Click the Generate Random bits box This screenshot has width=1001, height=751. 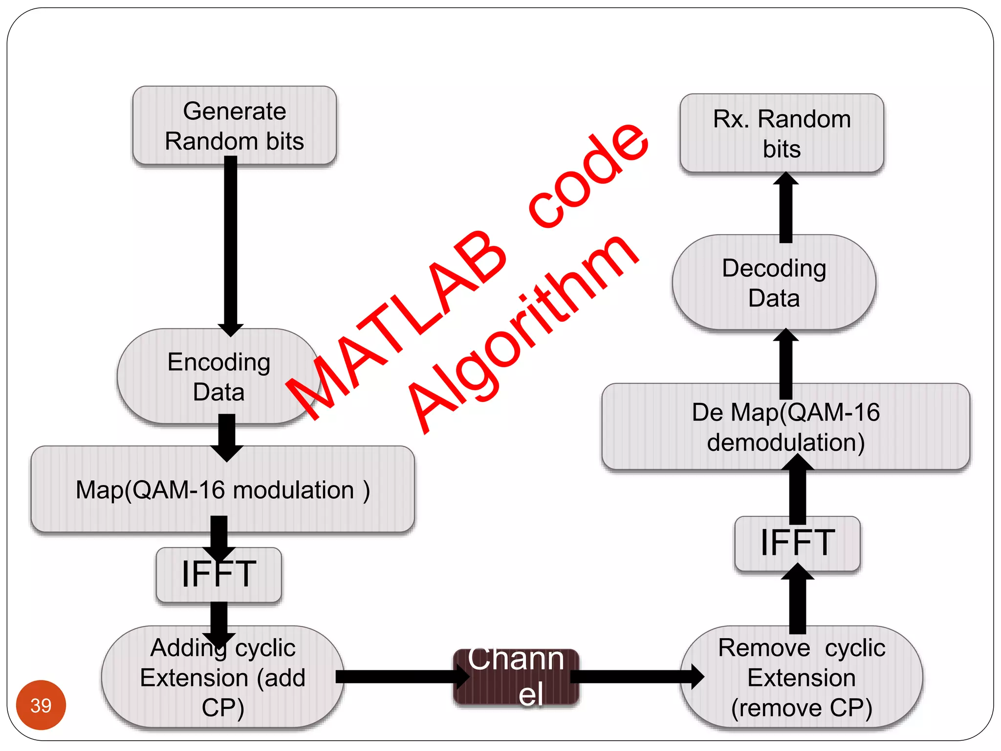click(234, 125)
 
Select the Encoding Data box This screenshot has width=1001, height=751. click(218, 376)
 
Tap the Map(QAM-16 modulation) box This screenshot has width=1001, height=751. click(222, 489)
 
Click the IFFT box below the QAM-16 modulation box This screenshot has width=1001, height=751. click(218, 574)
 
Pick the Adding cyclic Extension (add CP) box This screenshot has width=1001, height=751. click(222, 677)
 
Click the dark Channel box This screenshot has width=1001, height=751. click(516, 677)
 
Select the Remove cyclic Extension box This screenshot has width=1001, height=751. click(802, 677)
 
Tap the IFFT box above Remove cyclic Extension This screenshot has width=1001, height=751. click(797, 543)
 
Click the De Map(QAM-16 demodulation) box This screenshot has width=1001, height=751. click(785, 427)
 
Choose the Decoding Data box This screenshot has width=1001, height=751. click(774, 283)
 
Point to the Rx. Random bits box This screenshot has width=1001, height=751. click(782, 133)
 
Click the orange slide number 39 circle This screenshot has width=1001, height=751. click(41, 705)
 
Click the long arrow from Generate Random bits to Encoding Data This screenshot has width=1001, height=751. click(231, 244)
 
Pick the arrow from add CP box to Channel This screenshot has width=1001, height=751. click(401, 677)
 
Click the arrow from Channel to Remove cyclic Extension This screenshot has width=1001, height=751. click(635, 677)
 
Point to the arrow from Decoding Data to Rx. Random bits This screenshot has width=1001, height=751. click(785, 208)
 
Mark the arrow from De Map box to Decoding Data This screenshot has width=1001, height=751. click(785, 364)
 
